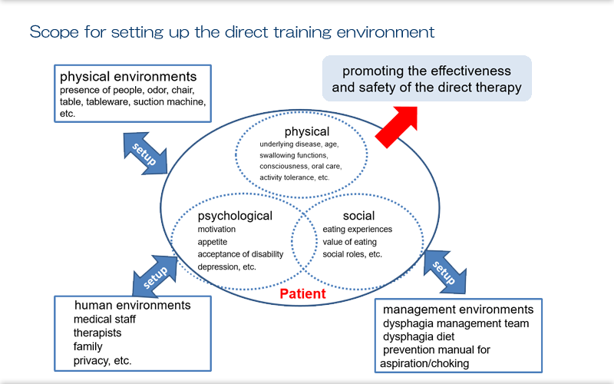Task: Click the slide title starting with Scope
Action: pos(232,33)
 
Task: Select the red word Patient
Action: pos(302,293)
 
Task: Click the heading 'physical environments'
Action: pos(128,77)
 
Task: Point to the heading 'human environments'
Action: pos(132,305)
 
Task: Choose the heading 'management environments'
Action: pos(458,310)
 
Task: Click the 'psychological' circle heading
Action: pos(235,216)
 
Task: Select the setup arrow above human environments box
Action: pos(155,273)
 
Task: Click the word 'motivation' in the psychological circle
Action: pos(217,230)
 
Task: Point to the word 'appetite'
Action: pos(213,243)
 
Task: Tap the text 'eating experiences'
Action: pos(357,230)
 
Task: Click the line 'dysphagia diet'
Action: pos(419,336)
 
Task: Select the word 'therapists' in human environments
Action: pos(97,333)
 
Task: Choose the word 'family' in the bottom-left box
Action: pos(87,347)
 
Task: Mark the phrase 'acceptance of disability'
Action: pos(240,255)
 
